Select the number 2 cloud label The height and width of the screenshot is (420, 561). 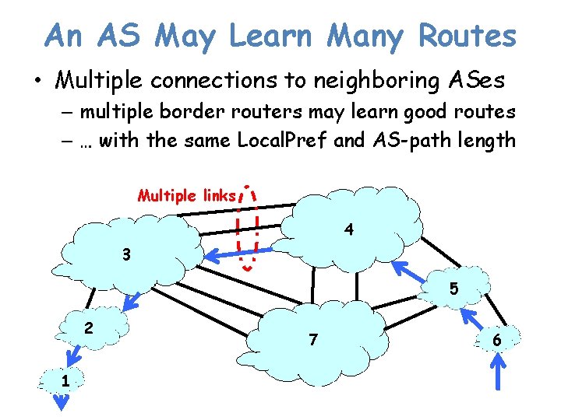pos(89,328)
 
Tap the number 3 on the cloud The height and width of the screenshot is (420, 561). pos(126,255)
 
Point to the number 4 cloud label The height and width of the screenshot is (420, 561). pos(350,230)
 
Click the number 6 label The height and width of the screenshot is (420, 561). pos(496,340)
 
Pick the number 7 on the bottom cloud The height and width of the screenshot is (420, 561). pos(312,340)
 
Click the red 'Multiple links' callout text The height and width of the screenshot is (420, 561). pos(186,195)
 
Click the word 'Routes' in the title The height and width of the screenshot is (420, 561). pos(467,35)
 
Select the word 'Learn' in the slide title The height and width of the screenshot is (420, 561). pos(273,35)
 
